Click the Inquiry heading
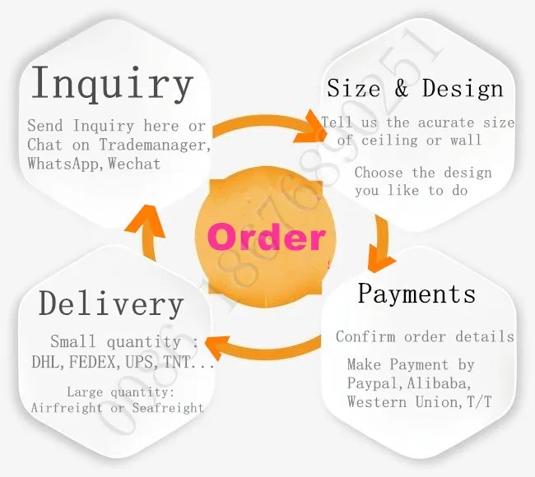[x=111, y=84]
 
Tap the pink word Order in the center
[x=267, y=237]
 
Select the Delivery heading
[x=111, y=304]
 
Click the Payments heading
[x=416, y=294]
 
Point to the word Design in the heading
[x=463, y=88]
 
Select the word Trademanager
[x=154, y=145]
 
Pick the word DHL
[x=44, y=361]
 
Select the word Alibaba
[x=443, y=383]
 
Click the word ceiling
[x=388, y=140]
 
